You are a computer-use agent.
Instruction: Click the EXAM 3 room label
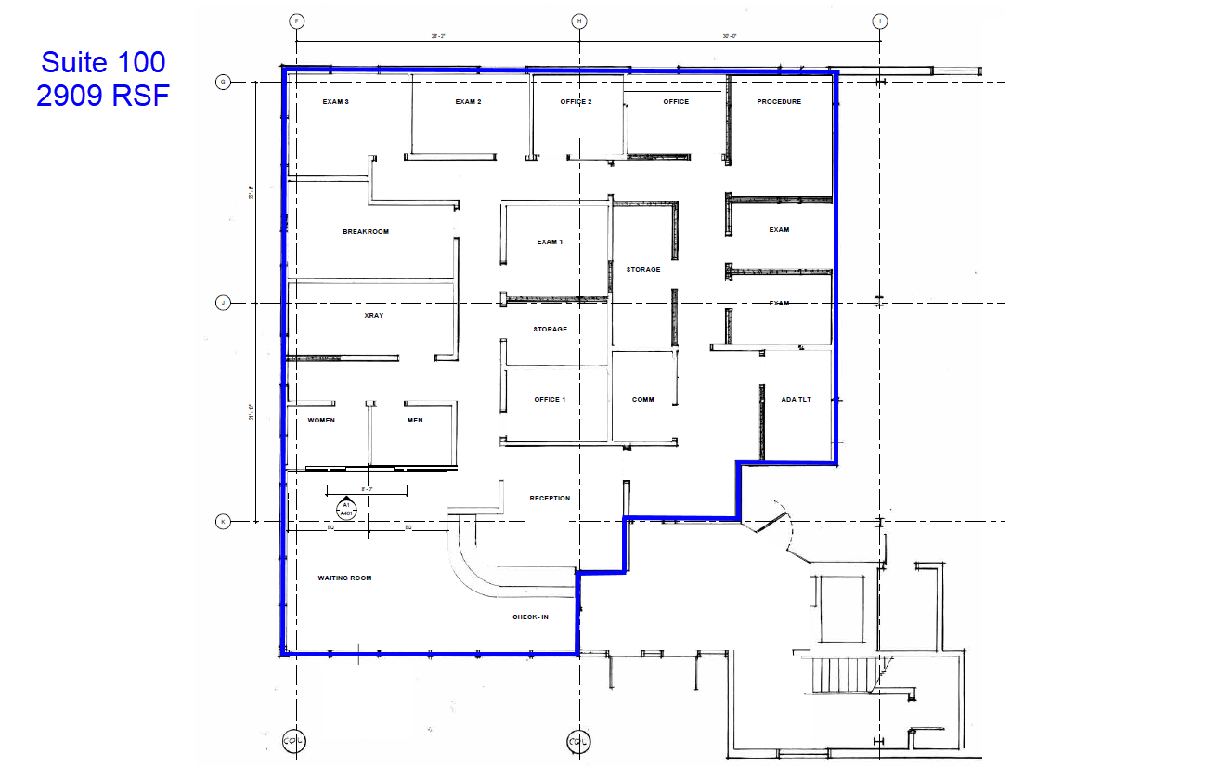(335, 102)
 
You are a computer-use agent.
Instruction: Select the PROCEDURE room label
(778, 102)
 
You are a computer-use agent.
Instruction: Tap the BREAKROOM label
(366, 232)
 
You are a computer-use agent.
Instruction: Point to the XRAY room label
(374, 316)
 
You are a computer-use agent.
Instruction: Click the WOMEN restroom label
(321, 421)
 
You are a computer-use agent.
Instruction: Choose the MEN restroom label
(415, 421)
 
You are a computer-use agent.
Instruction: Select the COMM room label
(643, 400)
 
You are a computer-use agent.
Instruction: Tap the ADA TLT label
(797, 400)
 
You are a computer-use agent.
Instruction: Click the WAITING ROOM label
(344, 578)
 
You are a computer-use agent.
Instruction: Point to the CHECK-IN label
(530, 617)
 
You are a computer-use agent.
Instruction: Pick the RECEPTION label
(550, 499)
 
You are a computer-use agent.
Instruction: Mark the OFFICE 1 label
(550, 400)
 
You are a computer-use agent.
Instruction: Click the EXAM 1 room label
(550, 242)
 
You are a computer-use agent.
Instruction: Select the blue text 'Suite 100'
(103, 62)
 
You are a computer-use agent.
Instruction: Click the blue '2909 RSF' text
(103, 95)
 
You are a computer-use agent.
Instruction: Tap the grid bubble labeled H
(578, 20)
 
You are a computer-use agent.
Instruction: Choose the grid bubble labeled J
(223, 303)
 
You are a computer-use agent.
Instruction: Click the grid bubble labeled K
(223, 522)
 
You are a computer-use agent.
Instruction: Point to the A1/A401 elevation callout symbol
(345, 509)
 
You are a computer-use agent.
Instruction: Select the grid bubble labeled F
(297, 20)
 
